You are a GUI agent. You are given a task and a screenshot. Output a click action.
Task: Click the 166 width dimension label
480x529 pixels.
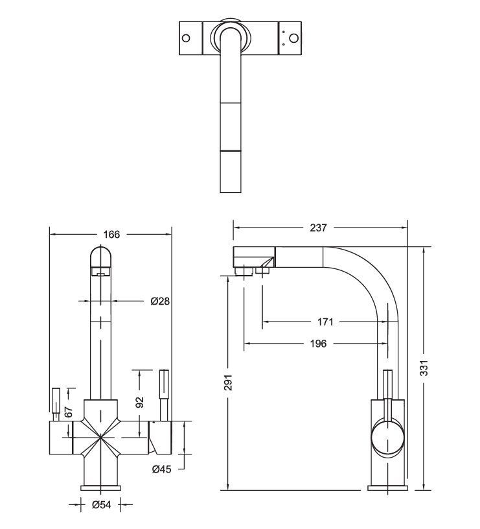pyautogui.click(x=112, y=234)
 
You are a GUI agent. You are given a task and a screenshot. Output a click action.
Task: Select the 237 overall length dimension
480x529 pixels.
pyautogui.click(x=318, y=228)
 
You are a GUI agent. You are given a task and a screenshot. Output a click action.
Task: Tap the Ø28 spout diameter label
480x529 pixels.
pyautogui.click(x=159, y=301)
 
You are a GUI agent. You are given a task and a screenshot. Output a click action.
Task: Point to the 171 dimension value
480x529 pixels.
pyautogui.click(x=325, y=322)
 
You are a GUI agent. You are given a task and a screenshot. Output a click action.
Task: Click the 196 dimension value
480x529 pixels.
pyautogui.click(x=318, y=344)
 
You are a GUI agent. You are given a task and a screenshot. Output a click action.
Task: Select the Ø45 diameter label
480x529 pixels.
pyautogui.click(x=161, y=469)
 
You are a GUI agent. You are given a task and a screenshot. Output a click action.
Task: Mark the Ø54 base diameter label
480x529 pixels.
pyautogui.click(x=100, y=504)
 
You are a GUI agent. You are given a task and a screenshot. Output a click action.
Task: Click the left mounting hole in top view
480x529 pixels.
pyautogui.click(x=186, y=37)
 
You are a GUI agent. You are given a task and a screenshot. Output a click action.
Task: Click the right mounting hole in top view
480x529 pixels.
pyautogui.click(x=293, y=37)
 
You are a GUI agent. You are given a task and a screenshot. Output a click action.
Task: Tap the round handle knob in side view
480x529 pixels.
pyautogui.click(x=388, y=438)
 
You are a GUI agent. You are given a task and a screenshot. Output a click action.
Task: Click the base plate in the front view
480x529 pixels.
pyautogui.click(x=100, y=488)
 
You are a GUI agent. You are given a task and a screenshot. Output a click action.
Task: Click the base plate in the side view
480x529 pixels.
pyautogui.click(x=387, y=488)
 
